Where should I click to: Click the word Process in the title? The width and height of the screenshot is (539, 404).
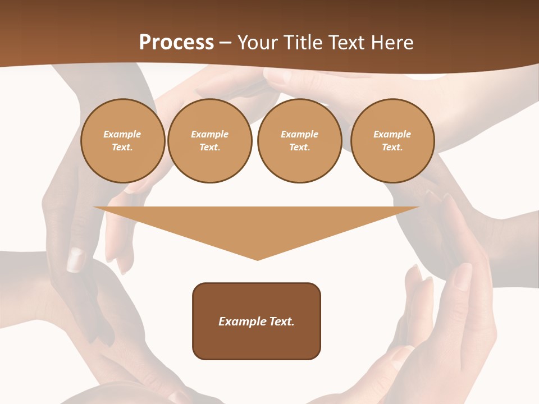pos(176,42)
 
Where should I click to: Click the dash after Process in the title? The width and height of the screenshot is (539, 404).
pos(226,43)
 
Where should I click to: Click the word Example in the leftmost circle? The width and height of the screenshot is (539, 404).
pos(122,134)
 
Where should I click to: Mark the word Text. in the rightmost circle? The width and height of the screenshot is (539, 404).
pos(392,147)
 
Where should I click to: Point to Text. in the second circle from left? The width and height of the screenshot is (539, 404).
pos(210,147)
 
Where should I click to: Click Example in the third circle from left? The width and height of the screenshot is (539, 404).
pos(300,134)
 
